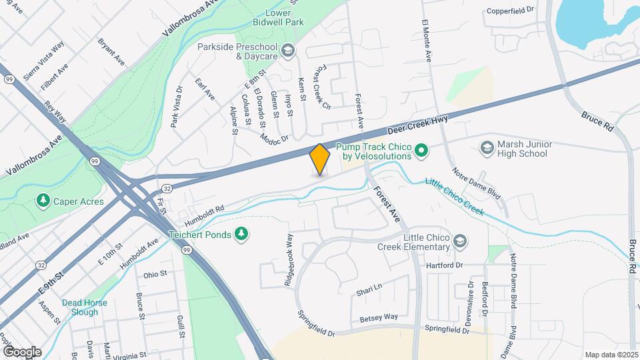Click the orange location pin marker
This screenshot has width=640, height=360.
(320, 159)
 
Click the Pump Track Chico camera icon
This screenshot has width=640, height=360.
(421, 151)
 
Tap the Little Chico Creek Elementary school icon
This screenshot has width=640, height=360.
(459, 241)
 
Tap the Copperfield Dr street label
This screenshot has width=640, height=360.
(511, 11)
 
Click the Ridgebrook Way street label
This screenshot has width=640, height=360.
(289, 260)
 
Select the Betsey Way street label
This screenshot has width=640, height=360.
(379, 317)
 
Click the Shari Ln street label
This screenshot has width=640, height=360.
(369, 287)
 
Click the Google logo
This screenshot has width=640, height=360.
(22, 351)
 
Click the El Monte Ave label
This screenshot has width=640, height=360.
(427, 41)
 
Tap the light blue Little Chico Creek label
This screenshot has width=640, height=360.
(454, 199)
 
